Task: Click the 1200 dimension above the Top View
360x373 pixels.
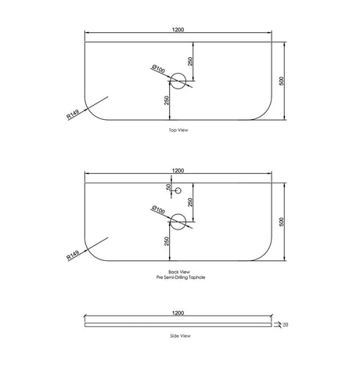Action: click(178, 30)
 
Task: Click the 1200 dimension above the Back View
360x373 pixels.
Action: click(178, 171)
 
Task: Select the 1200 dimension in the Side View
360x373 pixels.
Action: click(178, 313)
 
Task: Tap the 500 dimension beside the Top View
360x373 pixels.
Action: click(281, 81)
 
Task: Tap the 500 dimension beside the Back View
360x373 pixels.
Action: click(281, 222)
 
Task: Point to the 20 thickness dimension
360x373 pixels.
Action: click(286, 325)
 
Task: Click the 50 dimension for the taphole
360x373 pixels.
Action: click(168, 187)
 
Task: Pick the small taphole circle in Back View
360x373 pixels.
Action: click(178, 190)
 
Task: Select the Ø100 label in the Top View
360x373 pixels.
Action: click(158, 69)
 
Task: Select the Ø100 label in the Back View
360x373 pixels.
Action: click(158, 210)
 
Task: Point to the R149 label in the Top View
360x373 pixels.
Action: click(73, 114)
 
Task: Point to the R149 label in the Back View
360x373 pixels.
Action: click(73, 255)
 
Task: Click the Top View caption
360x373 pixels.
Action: click(178, 130)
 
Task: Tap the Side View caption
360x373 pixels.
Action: click(180, 336)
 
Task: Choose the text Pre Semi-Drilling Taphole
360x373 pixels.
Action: click(181, 277)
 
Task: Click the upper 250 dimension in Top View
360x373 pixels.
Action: click(190, 61)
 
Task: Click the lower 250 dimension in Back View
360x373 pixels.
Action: click(167, 241)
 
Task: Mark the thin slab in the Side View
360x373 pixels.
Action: click(178, 324)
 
